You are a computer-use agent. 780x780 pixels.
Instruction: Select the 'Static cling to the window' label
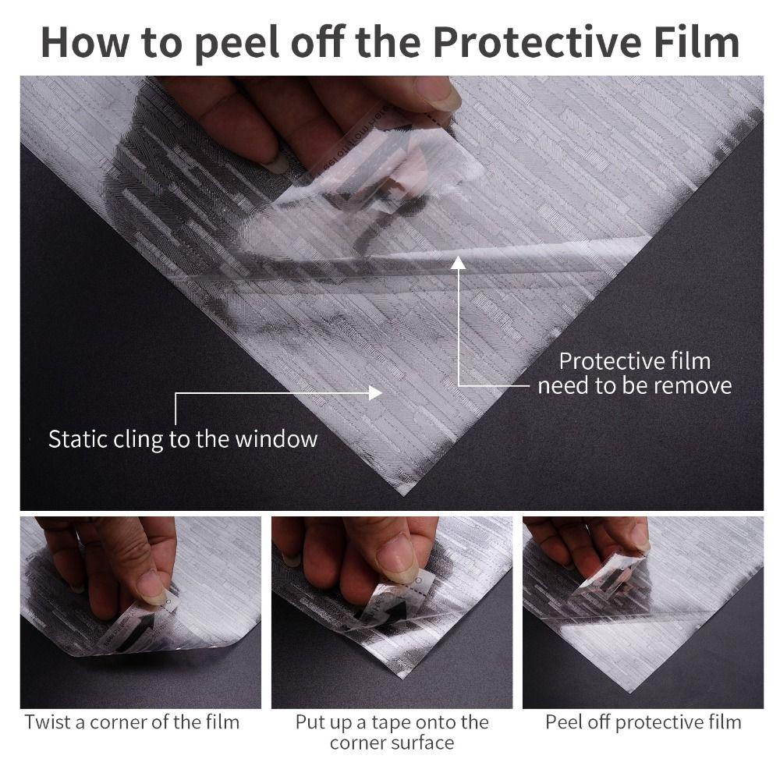coord(183,438)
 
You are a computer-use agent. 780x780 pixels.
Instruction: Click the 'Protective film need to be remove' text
coord(634,373)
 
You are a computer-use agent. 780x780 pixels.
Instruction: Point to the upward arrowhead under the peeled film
coord(459,264)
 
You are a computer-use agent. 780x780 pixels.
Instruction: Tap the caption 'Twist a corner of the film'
coord(132,721)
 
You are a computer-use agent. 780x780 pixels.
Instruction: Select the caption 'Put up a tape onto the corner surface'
coord(392,731)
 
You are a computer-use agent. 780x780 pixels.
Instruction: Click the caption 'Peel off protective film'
coord(643,721)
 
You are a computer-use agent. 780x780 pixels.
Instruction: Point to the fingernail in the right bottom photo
coord(639,537)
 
